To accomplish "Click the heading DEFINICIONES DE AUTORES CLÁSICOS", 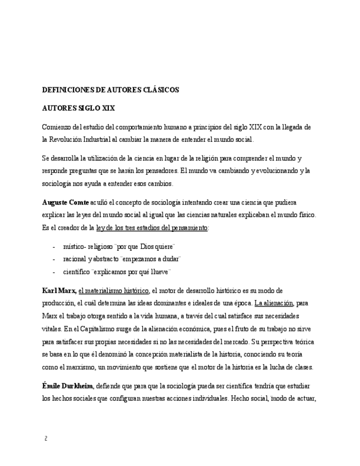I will click(110, 90).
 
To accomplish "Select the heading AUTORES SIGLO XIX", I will click(79, 108).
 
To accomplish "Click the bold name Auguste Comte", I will click(62, 203).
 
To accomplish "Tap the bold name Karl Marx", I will click(59, 290).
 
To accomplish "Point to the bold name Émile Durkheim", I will click(68, 386).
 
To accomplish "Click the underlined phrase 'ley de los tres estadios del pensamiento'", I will click(152, 228).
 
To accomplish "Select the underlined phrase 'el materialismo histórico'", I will click(113, 290).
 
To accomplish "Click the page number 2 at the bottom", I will click(46, 439).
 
